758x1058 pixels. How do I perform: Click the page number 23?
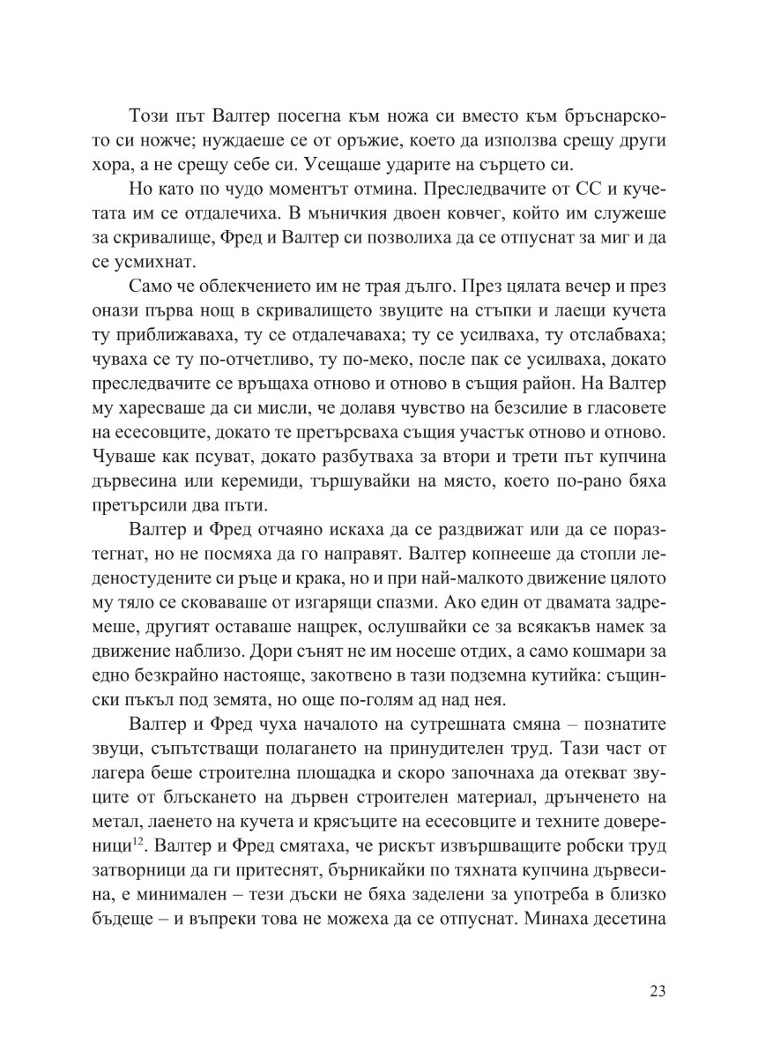657,989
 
